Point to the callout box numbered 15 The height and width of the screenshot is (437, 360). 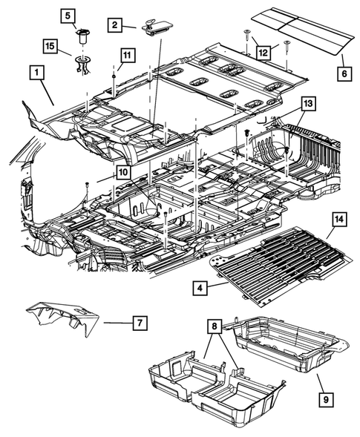click(x=50, y=47)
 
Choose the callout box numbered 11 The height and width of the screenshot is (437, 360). click(x=127, y=55)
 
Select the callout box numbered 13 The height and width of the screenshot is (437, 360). click(x=308, y=102)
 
